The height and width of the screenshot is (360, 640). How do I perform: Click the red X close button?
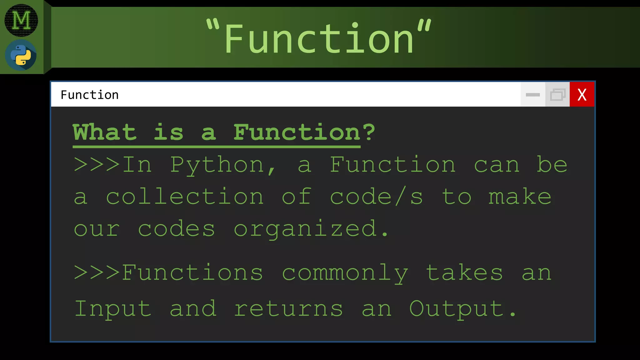point(582,94)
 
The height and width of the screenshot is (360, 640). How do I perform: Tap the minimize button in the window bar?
point(533,94)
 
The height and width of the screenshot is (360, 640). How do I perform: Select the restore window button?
point(557,94)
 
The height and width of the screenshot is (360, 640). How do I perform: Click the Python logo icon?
point(21,55)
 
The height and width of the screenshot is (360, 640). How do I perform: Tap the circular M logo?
point(21,20)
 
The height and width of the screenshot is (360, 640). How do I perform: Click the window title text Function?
point(90,95)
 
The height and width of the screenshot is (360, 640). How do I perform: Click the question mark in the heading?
point(369,132)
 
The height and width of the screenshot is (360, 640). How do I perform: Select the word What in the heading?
point(105,132)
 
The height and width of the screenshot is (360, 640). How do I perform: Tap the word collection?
point(185,197)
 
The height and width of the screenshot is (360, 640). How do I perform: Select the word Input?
point(113,309)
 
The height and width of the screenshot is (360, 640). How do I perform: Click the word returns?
point(288,309)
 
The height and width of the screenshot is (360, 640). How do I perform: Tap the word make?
point(520,197)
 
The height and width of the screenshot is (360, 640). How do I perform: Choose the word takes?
point(464,273)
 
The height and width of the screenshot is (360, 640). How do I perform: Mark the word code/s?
point(377,197)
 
